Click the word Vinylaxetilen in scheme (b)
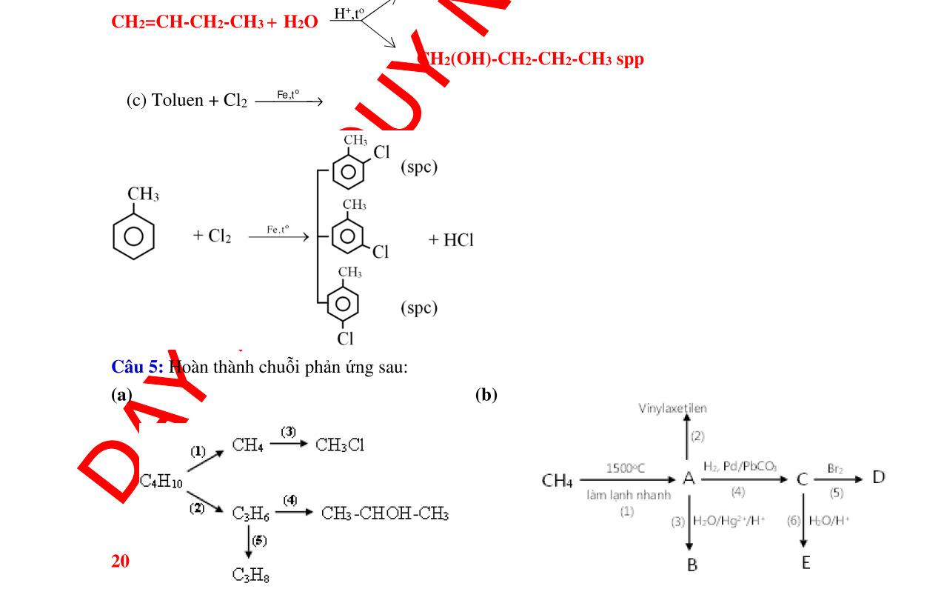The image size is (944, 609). click(672, 408)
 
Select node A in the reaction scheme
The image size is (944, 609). click(689, 479)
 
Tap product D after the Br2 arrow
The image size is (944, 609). click(878, 477)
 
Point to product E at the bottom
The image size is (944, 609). click(806, 563)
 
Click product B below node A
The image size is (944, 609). click(692, 565)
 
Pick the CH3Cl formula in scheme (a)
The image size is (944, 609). click(340, 445)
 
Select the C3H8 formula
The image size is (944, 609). click(250, 574)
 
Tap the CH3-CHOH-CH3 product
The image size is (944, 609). click(385, 513)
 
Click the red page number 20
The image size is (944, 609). click(120, 562)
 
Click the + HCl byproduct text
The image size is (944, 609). click(451, 240)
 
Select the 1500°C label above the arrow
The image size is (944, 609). click(625, 467)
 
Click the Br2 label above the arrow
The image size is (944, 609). click(836, 468)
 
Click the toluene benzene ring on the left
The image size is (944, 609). click(134, 236)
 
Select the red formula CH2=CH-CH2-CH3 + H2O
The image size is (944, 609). click(215, 21)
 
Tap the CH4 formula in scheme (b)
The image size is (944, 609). click(558, 482)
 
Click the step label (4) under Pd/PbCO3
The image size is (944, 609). click(737, 492)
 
